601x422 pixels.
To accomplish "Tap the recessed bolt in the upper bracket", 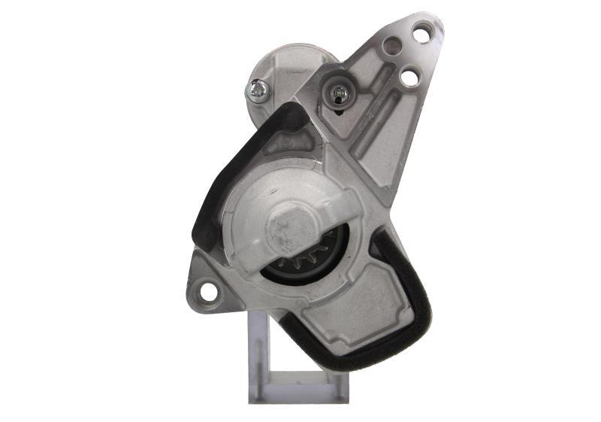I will [x=337, y=93].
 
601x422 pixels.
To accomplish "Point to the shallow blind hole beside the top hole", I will [x=391, y=47].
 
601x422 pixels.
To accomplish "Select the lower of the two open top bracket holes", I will [x=409, y=77].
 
